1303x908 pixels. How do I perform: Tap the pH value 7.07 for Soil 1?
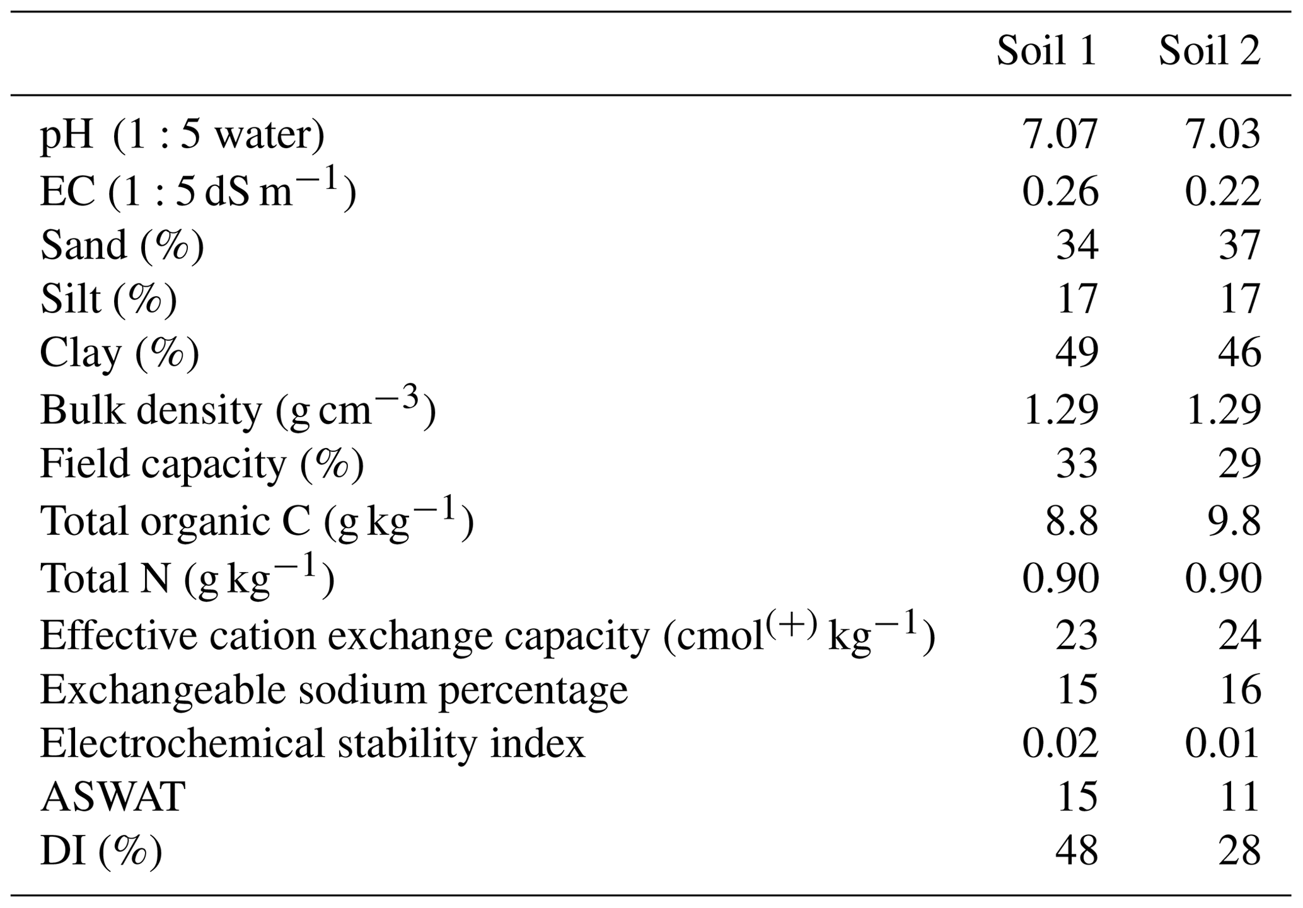(x=1060, y=135)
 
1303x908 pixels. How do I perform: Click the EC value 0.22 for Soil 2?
(x=1223, y=192)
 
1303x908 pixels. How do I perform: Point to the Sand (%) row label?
(x=122, y=246)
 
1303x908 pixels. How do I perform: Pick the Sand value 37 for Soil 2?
(x=1239, y=246)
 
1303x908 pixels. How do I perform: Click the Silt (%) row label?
(x=108, y=299)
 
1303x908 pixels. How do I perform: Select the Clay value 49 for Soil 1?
(x=1077, y=353)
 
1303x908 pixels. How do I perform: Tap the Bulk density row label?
(x=238, y=410)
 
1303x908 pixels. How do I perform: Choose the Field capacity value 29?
(x=1239, y=464)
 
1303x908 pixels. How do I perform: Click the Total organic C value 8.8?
(x=1072, y=522)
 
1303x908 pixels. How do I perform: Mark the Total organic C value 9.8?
(x=1234, y=522)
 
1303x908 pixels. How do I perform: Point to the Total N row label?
(x=187, y=577)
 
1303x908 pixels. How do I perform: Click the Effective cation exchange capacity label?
(x=487, y=635)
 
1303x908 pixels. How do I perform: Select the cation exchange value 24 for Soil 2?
(x=1239, y=635)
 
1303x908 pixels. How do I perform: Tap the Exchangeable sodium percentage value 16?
(x=1239, y=689)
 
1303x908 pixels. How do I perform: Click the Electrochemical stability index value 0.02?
(x=1060, y=744)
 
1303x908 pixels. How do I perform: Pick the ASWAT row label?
(x=113, y=797)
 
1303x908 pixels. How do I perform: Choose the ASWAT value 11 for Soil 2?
(x=1239, y=797)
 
